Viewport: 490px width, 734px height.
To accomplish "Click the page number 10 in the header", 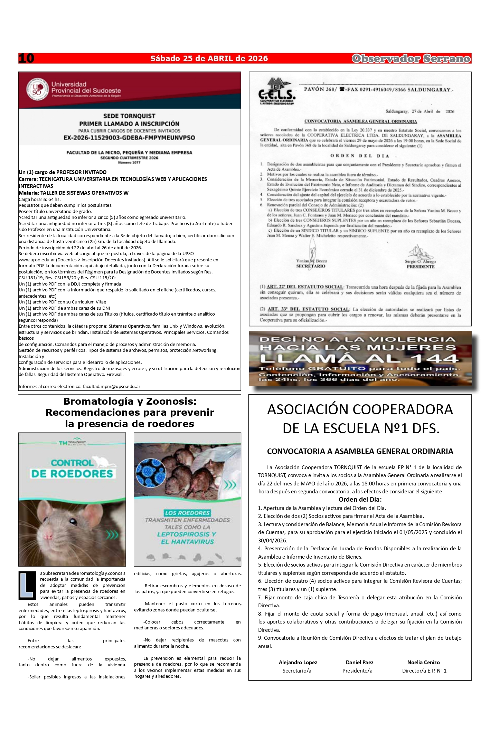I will tap(26, 58).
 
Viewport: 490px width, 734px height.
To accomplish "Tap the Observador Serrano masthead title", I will tap(411, 59).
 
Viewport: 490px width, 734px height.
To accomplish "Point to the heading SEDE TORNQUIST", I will tap(129, 116).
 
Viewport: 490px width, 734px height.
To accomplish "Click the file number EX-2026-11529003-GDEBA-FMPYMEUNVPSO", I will tap(129, 138).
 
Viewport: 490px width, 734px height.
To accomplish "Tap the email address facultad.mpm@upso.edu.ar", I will tap(112, 387).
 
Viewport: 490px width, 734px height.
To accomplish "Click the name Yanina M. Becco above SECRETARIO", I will tap(311, 261).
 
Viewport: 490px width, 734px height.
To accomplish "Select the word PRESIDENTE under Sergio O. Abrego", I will tap(421, 267).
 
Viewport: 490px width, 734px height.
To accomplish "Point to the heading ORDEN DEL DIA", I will tap(360, 156).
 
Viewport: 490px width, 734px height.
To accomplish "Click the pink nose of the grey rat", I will tap(48, 536).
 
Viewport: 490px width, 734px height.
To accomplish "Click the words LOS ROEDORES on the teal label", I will tap(187, 513).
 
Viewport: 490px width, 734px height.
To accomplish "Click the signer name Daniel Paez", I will tap(359, 662).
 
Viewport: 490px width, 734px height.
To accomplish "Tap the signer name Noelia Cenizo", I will tap(423, 662).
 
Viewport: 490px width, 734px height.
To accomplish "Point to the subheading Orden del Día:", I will tap(360, 500).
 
